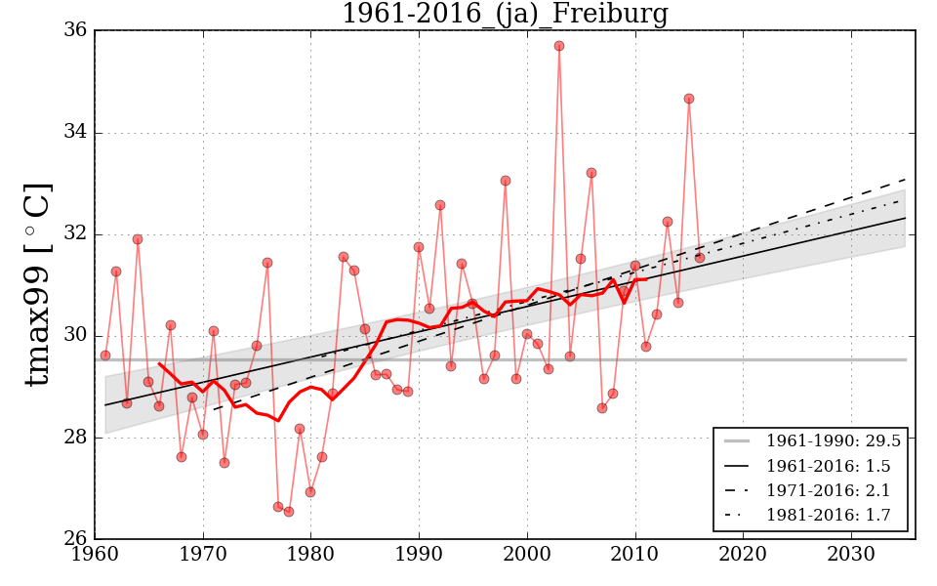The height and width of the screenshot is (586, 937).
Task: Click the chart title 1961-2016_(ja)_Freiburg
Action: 505,15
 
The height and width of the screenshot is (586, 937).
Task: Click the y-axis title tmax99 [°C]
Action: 37,284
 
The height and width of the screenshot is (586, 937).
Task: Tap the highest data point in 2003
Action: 559,46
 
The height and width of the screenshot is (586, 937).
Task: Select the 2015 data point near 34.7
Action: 689,99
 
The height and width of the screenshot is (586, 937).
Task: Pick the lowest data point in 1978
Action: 289,512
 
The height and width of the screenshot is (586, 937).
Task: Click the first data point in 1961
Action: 105,356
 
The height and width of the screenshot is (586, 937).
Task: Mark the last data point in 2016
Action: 700,257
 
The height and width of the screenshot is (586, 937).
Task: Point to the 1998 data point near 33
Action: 506,181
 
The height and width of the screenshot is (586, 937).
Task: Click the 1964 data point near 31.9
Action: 138,239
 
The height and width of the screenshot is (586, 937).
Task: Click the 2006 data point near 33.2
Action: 591,173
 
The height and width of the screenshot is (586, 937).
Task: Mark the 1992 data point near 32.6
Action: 440,205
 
